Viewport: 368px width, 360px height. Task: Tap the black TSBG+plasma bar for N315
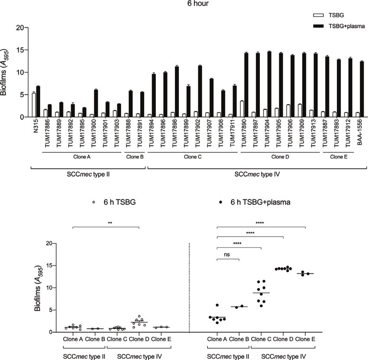coord(38,101)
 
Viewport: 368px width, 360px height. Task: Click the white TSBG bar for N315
coord(34,105)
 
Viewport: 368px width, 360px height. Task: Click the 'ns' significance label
coord(227,255)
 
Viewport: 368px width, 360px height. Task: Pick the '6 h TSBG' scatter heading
coord(113,201)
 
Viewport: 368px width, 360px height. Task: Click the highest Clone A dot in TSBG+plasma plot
coord(217,305)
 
